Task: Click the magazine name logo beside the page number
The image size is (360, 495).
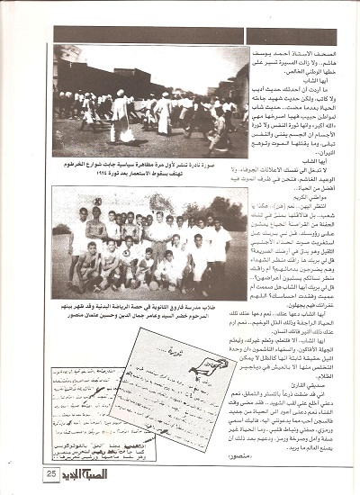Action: click(89, 472)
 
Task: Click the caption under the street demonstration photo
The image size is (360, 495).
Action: click(148, 168)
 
